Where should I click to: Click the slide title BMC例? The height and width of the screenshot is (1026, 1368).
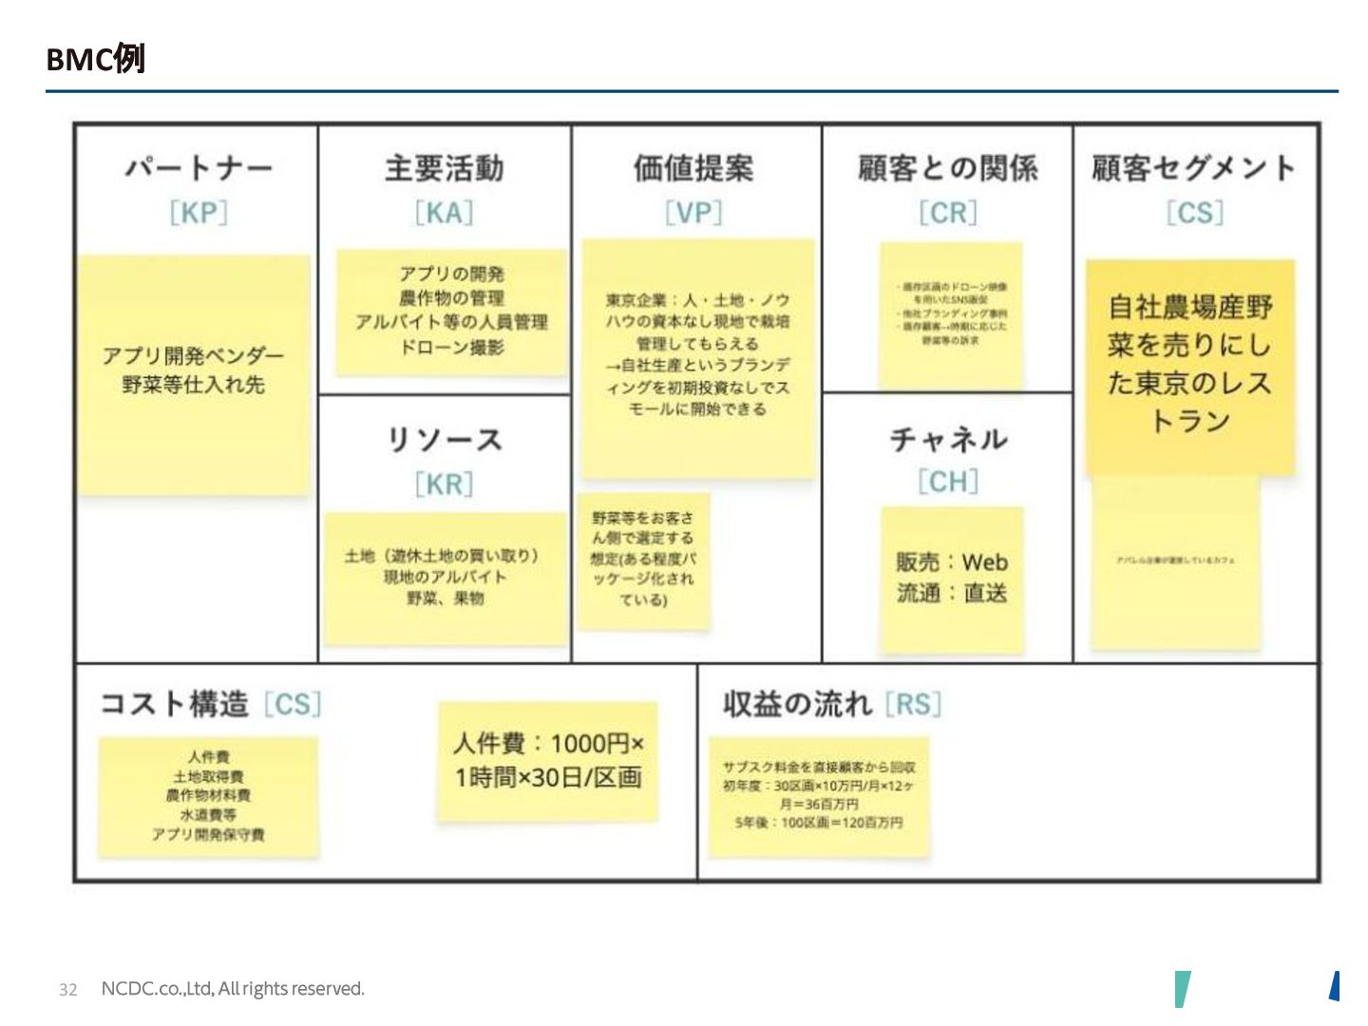point(95,59)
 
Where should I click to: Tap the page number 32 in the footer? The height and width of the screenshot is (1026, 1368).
point(67,989)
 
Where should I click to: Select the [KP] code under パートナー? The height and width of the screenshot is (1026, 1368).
point(199,212)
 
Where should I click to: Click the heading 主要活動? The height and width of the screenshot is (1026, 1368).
point(444,168)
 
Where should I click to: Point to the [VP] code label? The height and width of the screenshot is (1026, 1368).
point(693,212)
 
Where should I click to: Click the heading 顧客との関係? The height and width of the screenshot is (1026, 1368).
point(947,168)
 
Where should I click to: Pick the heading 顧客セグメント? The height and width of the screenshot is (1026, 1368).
point(1193,168)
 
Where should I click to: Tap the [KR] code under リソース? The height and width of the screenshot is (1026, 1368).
point(444,484)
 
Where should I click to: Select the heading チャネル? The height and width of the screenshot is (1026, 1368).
point(947,439)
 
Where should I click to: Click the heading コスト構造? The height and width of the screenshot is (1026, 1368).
point(174,704)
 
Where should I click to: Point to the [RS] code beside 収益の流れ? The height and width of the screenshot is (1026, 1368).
point(913,704)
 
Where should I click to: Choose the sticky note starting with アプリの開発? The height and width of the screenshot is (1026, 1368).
point(451,312)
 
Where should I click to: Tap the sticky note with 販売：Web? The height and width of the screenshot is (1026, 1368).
point(952,579)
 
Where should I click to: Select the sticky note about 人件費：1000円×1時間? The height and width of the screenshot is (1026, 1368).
point(548,761)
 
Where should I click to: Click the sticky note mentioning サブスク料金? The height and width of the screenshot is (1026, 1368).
point(818,796)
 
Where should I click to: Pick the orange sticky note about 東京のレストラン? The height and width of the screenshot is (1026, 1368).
point(1190,366)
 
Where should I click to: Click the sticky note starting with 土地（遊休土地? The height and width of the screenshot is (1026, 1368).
point(445,578)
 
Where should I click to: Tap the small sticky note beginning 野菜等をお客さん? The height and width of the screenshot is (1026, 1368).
point(643,560)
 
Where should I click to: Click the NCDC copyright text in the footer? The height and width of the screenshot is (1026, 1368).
point(233,989)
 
